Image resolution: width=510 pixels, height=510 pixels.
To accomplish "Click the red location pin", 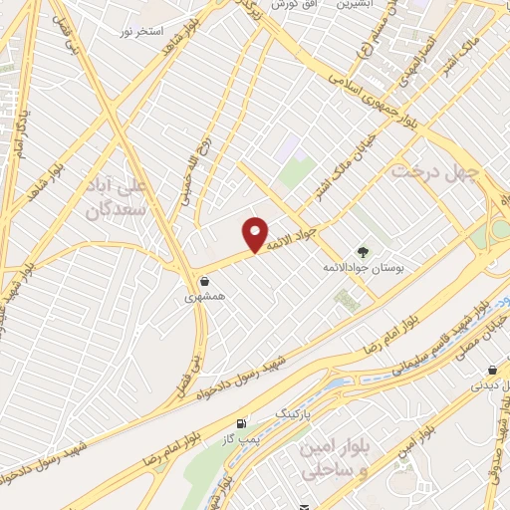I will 256,233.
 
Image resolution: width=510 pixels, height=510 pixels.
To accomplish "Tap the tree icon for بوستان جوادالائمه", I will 362,252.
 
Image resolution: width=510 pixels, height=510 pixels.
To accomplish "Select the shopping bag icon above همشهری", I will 203,281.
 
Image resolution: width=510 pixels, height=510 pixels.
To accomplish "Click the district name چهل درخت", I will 435,171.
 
